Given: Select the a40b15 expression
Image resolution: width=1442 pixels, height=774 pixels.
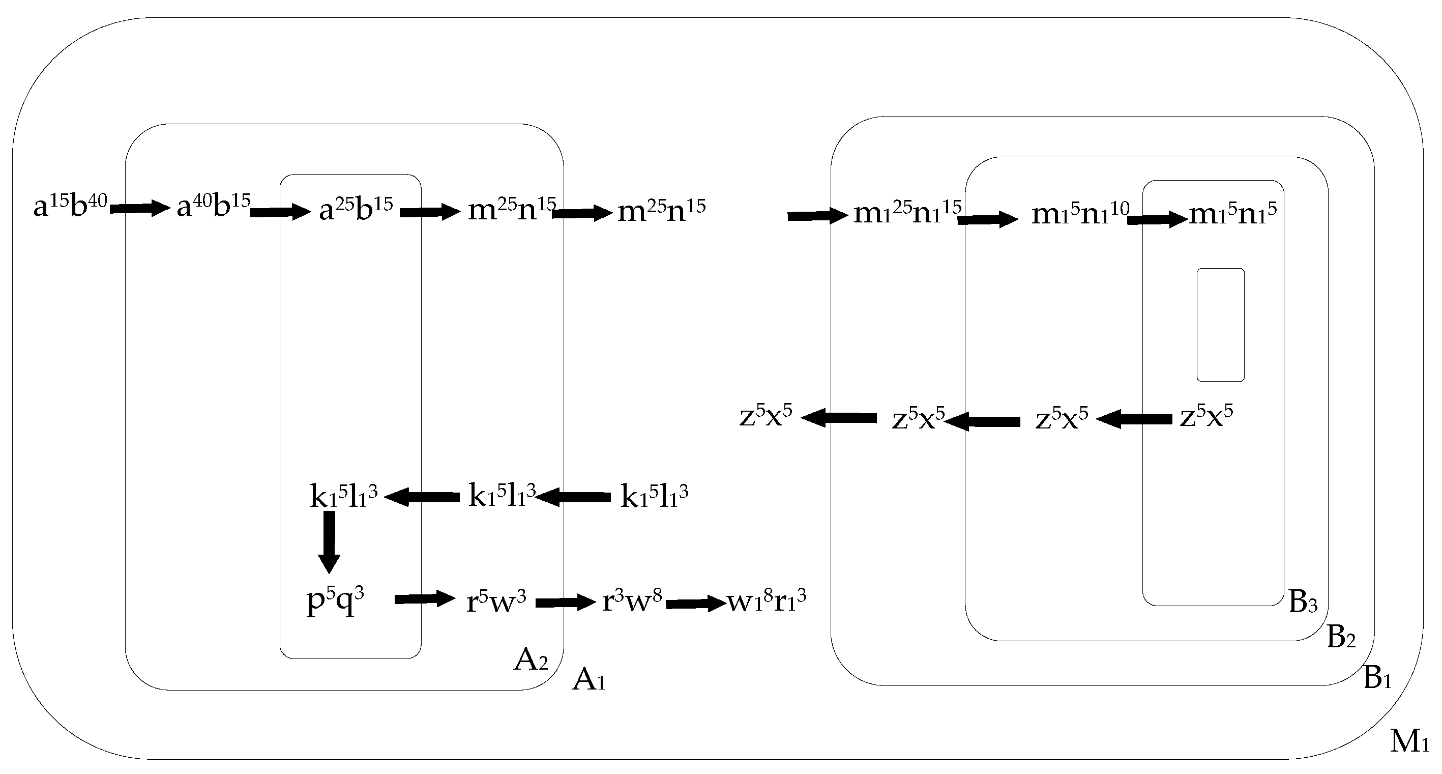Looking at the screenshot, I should click(x=213, y=207).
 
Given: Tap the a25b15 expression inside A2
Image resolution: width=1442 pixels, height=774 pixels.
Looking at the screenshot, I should click(x=356, y=210).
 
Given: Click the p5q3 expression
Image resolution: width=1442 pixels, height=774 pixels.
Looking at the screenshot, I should click(x=335, y=601).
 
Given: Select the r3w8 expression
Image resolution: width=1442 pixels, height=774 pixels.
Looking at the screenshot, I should click(x=631, y=601).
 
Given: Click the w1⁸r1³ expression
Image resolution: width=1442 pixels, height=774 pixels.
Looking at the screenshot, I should click(x=767, y=601).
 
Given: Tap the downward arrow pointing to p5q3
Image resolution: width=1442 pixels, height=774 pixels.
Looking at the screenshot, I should click(x=329, y=541).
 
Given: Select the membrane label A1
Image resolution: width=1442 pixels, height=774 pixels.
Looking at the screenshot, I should click(x=588, y=680).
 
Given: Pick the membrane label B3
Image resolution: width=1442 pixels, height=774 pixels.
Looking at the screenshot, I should click(x=1303, y=602).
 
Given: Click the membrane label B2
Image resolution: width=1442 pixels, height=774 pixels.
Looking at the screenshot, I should click(x=1341, y=637).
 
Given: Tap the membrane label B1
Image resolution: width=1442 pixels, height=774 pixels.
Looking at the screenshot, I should click(x=1377, y=678).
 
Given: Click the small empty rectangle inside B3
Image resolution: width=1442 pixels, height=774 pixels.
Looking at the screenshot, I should click(x=1220, y=325).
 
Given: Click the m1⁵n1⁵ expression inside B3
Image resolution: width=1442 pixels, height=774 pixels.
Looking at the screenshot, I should click(x=1232, y=213).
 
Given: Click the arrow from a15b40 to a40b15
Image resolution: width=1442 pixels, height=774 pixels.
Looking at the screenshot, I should click(x=139, y=209).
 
